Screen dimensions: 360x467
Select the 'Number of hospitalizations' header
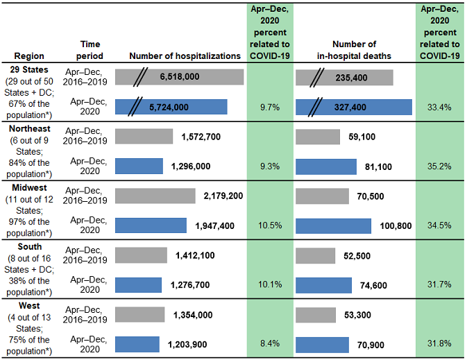(x=185, y=55)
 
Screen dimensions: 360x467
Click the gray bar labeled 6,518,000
(x=179, y=77)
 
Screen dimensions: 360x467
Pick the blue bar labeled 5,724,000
(x=171, y=106)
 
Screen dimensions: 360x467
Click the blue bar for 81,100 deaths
(x=330, y=166)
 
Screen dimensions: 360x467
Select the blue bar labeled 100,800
(x=334, y=226)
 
